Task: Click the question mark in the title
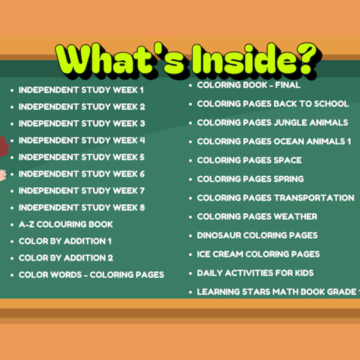pyautogui.click(x=308, y=59)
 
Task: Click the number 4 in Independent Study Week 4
pyautogui.click(x=143, y=140)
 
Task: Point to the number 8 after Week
pyautogui.click(x=142, y=208)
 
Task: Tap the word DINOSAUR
pyautogui.click(x=219, y=235)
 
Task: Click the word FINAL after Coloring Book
pyautogui.click(x=288, y=85)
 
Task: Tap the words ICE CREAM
pyautogui.click(x=220, y=254)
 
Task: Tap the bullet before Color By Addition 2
pyautogui.click(x=12, y=258)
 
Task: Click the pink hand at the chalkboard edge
pyautogui.click(x=3, y=175)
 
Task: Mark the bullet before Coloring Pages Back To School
pyautogui.click(x=190, y=104)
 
